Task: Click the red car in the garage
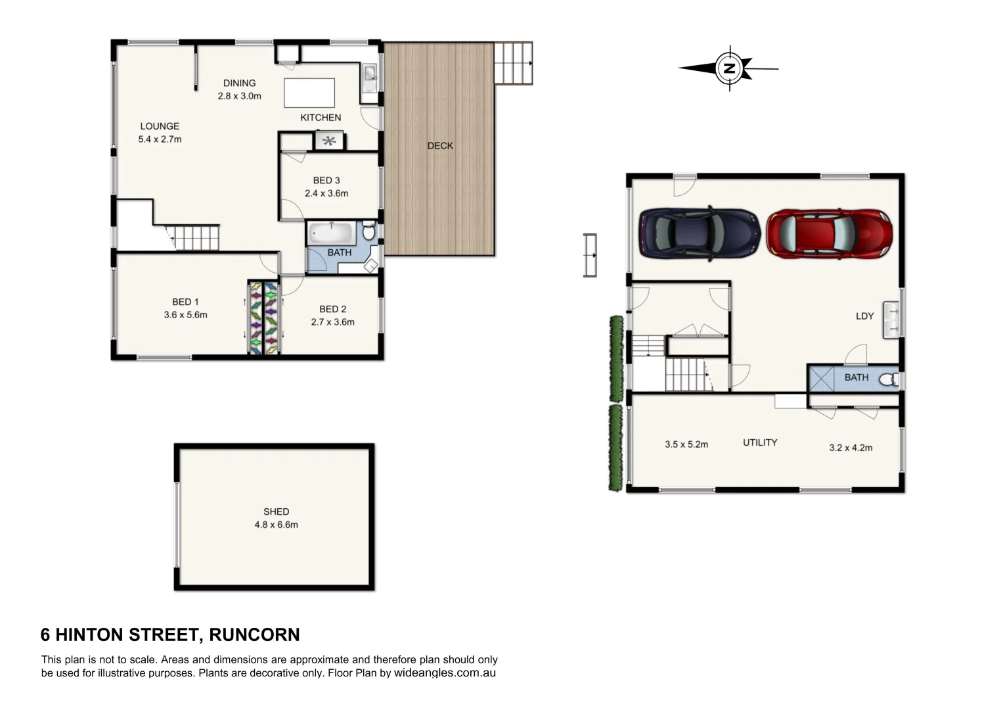pos(829,234)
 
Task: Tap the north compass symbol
pos(729,68)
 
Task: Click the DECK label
pos(440,146)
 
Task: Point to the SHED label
pos(276,511)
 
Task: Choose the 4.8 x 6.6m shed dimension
pos(276,525)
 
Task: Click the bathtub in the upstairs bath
pos(332,233)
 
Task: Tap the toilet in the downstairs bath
pos(889,379)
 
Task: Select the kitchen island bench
pos(309,93)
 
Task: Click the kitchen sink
pos(369,78)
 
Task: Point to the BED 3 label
pos(326,180)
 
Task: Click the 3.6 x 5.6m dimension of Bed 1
pos(185,315)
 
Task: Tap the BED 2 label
pos(332,309)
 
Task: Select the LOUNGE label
pos(160,126)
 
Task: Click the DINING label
pos(239,83)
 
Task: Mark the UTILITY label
pos(760,442)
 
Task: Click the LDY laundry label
pos(864,316)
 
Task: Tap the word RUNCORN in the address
pos(254,634)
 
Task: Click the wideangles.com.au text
pos(445,673)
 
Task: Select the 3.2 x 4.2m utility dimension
pos(851,448)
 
